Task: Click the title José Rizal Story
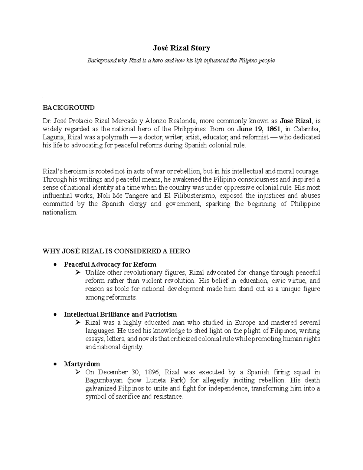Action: click(181, 48)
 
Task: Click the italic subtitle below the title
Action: click(181, 61)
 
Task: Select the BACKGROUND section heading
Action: click(68, 108)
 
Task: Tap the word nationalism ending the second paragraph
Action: click(60, 212)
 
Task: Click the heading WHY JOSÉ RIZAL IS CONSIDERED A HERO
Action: click(116, 251)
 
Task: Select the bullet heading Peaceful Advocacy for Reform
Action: click(110, 264)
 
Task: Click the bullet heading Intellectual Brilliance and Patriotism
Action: click(120, 314)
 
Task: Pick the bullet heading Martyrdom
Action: click(82, 364)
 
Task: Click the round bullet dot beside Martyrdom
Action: click(55, 364)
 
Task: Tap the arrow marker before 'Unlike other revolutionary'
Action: click(78, 272)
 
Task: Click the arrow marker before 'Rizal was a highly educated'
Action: click(78, 322)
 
